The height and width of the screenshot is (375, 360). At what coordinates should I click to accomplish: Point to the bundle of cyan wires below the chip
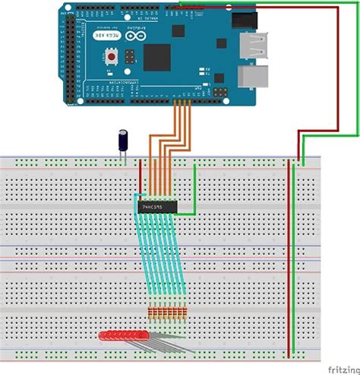[x=156, y=258]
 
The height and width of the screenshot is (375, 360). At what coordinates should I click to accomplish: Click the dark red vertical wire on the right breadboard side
[x=289, y=258]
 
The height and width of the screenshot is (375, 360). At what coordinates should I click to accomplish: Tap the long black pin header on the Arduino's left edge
[x=71, y=57]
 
